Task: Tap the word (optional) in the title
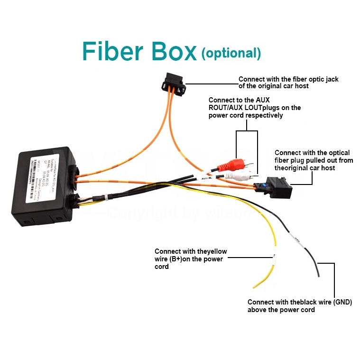click(231, 53)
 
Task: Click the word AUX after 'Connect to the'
click(262, 101)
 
